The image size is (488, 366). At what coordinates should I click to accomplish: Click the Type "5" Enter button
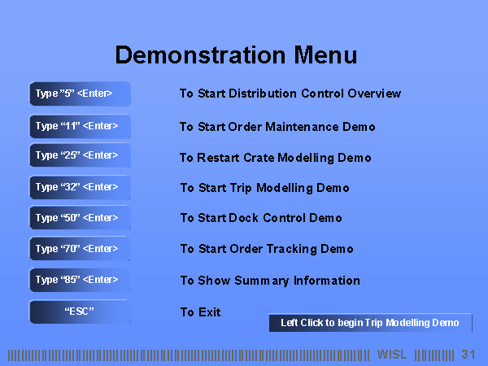80,94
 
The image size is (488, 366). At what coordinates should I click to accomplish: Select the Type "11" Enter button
80,126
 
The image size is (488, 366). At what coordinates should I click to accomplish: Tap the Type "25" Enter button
80,155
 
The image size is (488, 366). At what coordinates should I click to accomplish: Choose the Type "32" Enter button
80,187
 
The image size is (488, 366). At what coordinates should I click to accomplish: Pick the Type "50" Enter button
80,217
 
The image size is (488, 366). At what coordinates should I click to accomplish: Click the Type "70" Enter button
80,248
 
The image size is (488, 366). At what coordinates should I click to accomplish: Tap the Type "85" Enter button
80,280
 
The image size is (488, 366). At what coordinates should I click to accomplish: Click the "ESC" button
80,312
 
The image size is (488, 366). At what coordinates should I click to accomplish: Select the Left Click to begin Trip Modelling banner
370,323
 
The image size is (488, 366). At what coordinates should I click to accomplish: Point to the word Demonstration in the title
200,54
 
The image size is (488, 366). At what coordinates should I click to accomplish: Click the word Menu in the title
325,54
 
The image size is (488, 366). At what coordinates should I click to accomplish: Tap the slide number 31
468,355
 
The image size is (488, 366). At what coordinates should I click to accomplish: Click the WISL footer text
392,355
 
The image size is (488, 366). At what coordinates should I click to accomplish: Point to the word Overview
374,94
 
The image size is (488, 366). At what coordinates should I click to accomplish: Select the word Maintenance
302,127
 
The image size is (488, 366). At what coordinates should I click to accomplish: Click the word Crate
259,158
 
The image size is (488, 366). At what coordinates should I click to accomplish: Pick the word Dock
243,218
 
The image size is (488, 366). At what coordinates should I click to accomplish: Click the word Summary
262,281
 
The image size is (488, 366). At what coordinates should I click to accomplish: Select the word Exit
210,312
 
